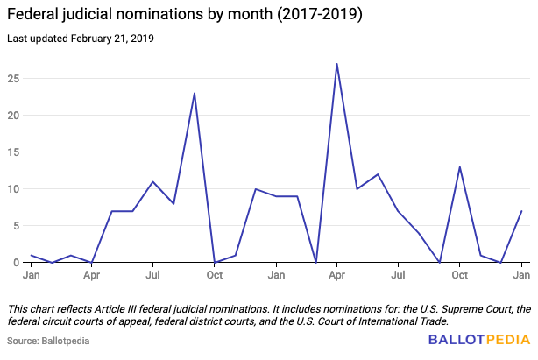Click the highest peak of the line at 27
click(336, 64)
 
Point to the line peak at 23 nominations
click(195, 93)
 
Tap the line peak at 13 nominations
click(460, 166)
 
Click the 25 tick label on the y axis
click(14, 78)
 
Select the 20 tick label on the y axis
click(14, 115)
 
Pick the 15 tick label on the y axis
click(14, 152)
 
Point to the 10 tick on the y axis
click(14, 188)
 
